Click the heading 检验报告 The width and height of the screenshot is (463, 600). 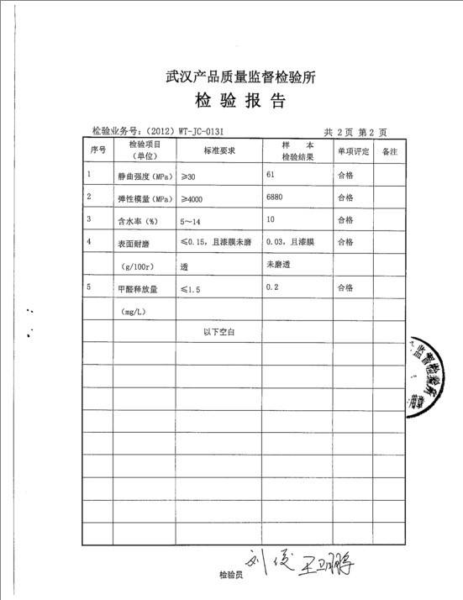pyautogui.click(x=240, y=103)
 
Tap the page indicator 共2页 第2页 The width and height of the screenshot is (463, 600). pyautogui.click(x=355, y=132)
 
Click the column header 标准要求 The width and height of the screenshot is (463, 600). pyautogui.click(x=219, y=150)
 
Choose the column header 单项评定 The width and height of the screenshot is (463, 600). pyautogui.click(x=353, y=151)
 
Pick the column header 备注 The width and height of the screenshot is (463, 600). pyautogui.click(x=389, y=151)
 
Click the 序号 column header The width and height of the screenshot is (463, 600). pyautogui.click(x=97, y=150)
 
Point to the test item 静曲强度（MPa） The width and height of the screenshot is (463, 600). pyautogui.click(x=144, y=176)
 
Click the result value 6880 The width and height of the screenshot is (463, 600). pyautogui.click(x=274, y=197)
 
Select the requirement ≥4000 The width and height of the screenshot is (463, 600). pyautogui.click(x=194, y=197)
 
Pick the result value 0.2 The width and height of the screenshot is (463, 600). pyautogui.click(x=271, y=287)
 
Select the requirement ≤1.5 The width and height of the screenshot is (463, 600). pyautogui.click(x=191, y=288)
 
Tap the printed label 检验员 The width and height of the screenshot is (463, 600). pyautogui.click(x=230, y=576)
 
